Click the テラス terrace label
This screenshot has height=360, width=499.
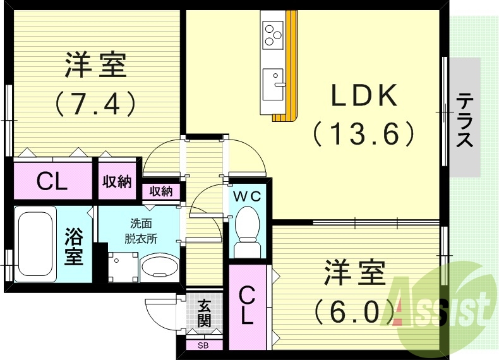tap(466, 119)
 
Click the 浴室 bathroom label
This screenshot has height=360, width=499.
tap(74, 247)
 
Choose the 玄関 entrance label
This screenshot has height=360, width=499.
tap(204, 313)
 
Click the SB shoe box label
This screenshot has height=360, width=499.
tap(203, 345)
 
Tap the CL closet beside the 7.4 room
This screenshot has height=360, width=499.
tap(52, 182)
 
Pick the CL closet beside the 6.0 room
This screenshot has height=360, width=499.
tap(248, 305)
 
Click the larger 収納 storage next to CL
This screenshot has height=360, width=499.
tap(117, 182)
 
